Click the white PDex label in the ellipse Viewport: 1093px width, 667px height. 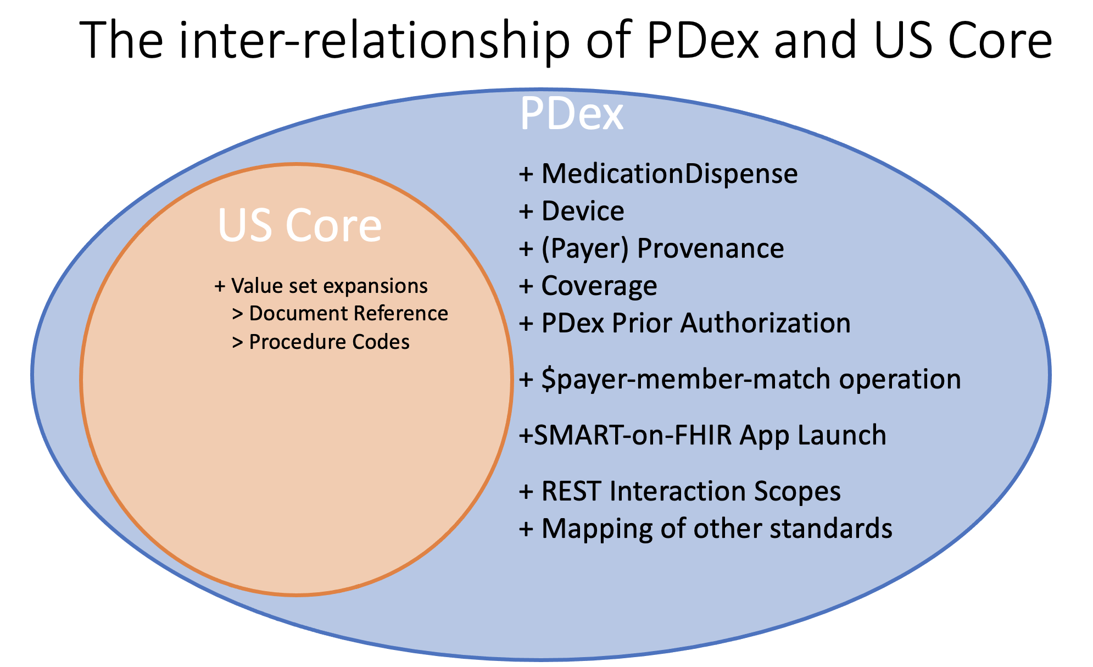pyautogui.click(x=571, y=114)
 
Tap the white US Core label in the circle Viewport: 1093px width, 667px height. pyautogui.click(x=299, y=225)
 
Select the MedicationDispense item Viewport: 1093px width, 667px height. pyautogui.click(x=669, y=174)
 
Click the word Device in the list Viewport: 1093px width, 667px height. pyautogui.click(x=583, y=211)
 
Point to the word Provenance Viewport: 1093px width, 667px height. pyautogui.click(x=710, y=248)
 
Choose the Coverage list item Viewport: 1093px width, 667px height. pyautogui.click(x=599, y=286)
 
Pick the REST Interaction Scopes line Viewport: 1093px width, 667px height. pyautogui.click(x=690, y=491)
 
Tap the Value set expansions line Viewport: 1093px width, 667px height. pyautogui.click(x=329, y=286)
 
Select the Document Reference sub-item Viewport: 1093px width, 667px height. pyautogui.click(x=348, y=313)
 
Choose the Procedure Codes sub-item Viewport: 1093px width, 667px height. pyautogui.click(x=329, y=342)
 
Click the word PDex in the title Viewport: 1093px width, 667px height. pyautogui.click(x=704, y=41)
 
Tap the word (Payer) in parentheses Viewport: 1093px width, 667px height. pyautogui.click(x=585, y=248)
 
